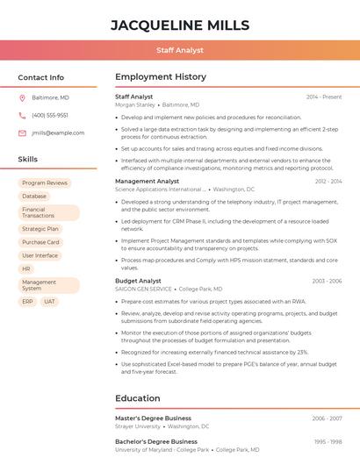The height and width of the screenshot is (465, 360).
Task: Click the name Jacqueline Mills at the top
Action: [180, 25]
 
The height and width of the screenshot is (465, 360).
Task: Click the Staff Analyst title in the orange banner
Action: [180, 51]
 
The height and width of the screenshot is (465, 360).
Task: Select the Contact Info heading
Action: [41, 77]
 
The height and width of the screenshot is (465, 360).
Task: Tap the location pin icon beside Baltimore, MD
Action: [23, 97]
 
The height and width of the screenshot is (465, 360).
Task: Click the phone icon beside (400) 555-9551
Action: [23, 115]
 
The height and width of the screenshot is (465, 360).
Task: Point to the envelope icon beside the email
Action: [23, 132]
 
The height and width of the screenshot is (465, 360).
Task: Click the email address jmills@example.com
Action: [58, 132]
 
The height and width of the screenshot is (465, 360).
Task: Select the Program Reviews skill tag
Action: [45, 182]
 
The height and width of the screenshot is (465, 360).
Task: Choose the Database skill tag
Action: [34, 197]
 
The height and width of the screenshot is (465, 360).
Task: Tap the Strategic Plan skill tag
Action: [40, 228]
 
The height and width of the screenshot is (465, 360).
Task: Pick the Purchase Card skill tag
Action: [40, 242]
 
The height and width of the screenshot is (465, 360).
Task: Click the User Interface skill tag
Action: [40, 255]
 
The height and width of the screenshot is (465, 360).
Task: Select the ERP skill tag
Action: [27, 301]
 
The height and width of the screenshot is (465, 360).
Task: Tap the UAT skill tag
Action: [49, 301]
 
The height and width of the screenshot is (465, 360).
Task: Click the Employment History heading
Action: [161, 77]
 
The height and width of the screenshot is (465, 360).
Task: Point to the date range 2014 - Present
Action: [324, 97]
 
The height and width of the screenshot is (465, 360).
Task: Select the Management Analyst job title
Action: [147, 181]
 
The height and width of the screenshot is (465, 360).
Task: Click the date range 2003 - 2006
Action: [327, 281]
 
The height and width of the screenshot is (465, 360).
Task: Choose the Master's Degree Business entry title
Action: [153, 418]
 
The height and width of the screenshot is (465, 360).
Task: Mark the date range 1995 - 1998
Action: [327, 441]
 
